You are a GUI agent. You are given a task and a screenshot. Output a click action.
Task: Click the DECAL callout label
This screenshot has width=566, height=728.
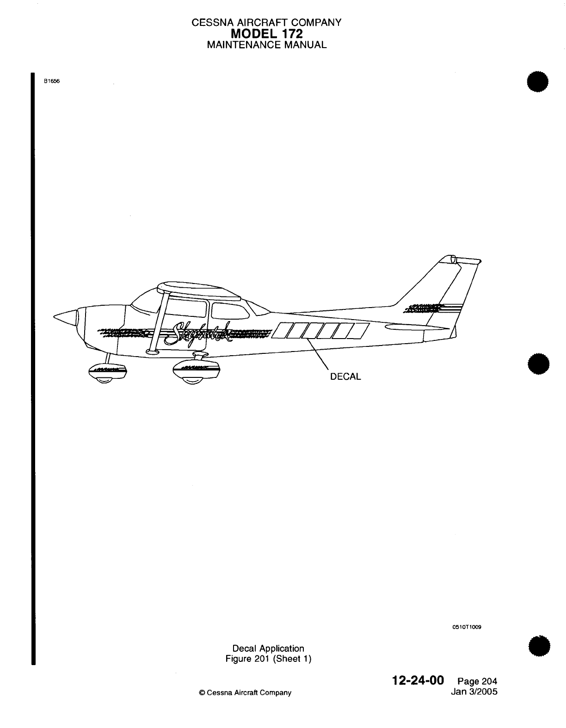pyautogui.click(x=345, y=376)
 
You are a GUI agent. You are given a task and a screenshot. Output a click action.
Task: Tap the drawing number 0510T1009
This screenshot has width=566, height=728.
pyautogui.click(x=467, y=627)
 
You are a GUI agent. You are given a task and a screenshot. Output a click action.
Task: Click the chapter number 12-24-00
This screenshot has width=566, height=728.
pyautogui.click(x=418, y=681)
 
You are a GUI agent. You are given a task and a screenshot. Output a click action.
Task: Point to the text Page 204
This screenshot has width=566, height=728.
pyautogui.click(x=477, y=681)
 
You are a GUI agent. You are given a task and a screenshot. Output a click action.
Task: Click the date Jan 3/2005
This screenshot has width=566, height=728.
pyautogui.click(x=474, y=692)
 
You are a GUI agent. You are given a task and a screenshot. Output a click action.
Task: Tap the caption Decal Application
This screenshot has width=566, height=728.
pyautogui.click(x=268, y=648)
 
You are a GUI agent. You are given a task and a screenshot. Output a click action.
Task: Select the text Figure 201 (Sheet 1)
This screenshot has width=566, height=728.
pyautogui.click(x=268, y=658)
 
